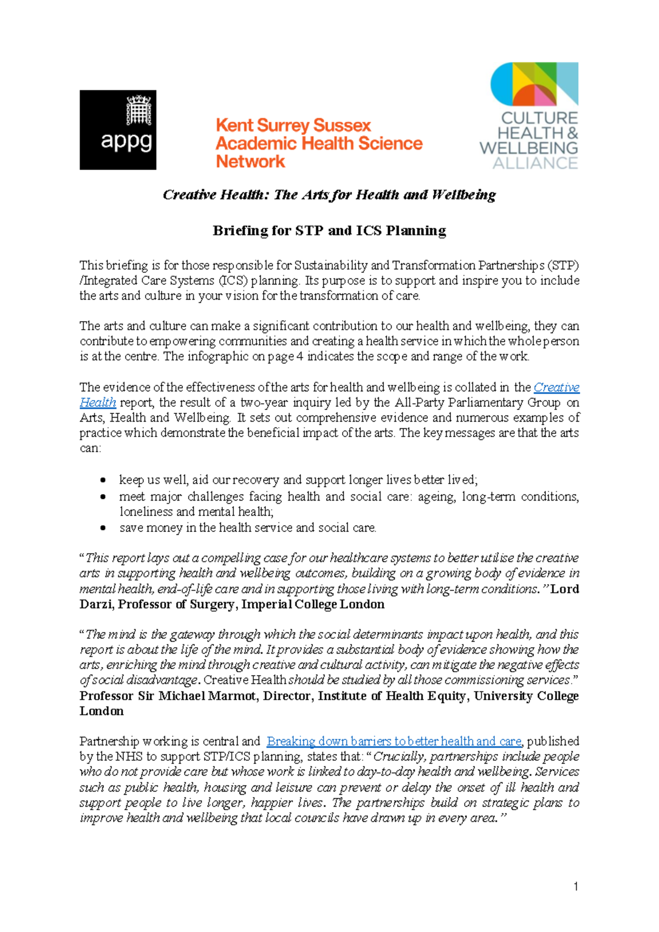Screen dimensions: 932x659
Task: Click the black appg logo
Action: tap(118, 130)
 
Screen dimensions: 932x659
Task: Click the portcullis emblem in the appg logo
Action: tap(139, 110)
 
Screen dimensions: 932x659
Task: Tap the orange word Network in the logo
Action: tap(250, 161)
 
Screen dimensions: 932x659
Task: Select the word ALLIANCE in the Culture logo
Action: tap(535, 163)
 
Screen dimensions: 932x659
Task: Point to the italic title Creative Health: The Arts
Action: tap(329, 195)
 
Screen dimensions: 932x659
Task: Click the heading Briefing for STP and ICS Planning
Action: tap(329, 231)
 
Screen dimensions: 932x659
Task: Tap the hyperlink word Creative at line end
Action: tap(556, 388)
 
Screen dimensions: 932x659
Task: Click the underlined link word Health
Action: tap(98, 402)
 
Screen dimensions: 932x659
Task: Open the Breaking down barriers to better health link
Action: tap(393, 742)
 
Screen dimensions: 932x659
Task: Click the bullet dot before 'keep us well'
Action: tap(103, 480)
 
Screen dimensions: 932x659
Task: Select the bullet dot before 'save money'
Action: tap(103, 528)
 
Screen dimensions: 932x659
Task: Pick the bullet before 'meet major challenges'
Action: tap(103, 497)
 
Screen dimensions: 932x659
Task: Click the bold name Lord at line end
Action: tap(565, 589)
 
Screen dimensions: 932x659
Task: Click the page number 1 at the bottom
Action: tap(575, 886)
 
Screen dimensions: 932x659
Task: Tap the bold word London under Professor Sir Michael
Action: tap(102, 711)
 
